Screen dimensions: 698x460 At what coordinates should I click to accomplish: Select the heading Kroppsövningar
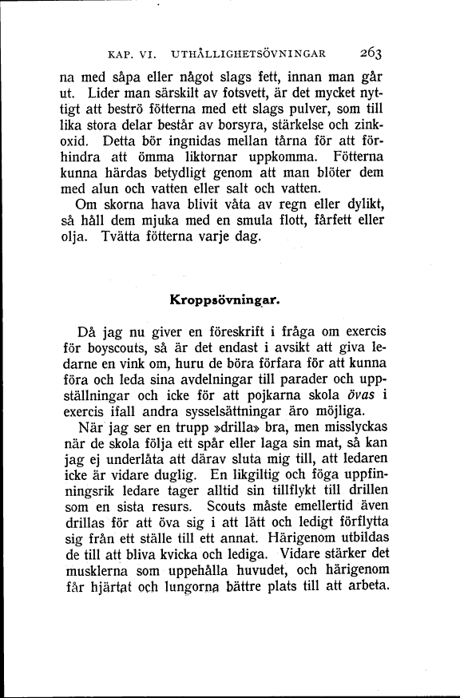pos(224,301)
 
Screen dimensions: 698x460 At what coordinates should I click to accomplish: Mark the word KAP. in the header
pos(122,55)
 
